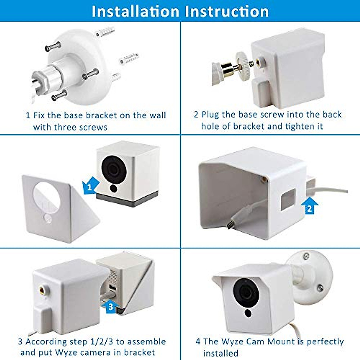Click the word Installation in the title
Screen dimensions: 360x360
[x=135, y=11]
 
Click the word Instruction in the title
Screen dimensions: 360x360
[x=227, y=11]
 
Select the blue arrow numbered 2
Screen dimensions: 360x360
[x=309, y=206]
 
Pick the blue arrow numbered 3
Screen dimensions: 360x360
[x=110, y=306]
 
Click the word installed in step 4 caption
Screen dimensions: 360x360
[x=220, y=353]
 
